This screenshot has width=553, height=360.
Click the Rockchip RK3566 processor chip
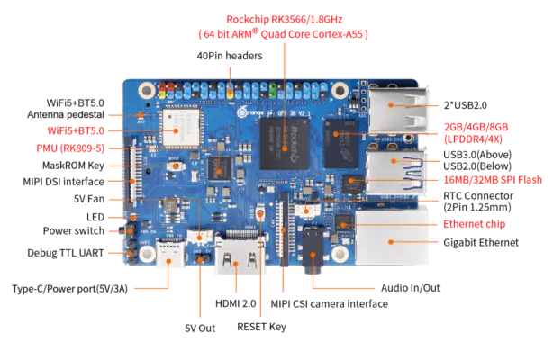point(285,144)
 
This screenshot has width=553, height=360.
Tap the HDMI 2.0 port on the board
point(240,256)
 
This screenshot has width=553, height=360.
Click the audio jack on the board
point(313,249)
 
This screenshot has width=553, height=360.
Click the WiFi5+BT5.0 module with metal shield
point(181,128)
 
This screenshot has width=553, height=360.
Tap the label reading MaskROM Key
point(73,166)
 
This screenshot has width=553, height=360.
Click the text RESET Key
point(261,327)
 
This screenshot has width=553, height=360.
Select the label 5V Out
point(200,328)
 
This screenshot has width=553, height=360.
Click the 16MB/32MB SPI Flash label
point(493,180)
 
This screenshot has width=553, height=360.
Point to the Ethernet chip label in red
point(474,224)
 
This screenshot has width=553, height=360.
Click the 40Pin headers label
point(230,56)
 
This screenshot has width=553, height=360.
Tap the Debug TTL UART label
point(66,253)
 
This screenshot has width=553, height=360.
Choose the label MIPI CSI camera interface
point(329,303)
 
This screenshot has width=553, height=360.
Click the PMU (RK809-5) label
point(70,148)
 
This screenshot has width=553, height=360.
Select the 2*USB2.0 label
point(465,105)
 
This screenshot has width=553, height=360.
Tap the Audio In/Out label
point(411,288)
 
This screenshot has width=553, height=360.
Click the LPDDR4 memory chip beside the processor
point(340,143)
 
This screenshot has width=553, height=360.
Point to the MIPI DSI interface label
point(63,182)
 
